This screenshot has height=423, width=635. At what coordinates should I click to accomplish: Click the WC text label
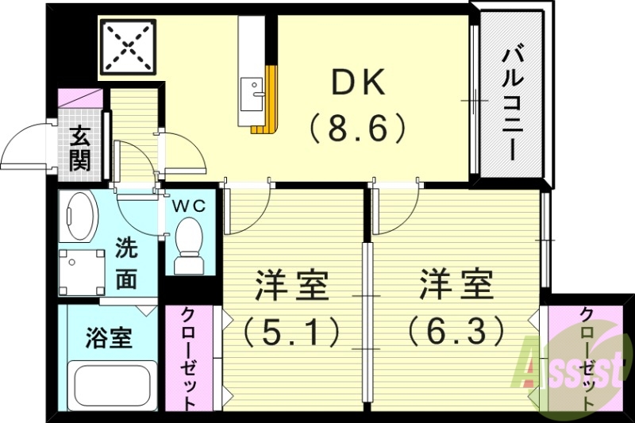[x=190, y=206]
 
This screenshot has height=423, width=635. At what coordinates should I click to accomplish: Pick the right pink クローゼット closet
[x=587, y=358]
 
